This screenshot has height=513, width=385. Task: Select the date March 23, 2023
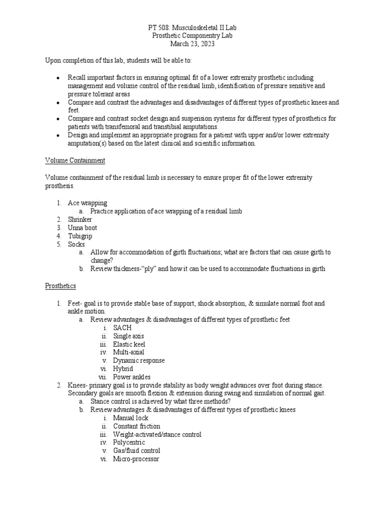(x=192, y=45)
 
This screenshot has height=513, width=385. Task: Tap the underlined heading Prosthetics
(x=61, y=286)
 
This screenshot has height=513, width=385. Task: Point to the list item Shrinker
(x=80, y=219)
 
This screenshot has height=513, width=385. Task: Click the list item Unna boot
(x=83, y=227)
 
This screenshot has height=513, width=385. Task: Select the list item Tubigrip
(x=80, y=236)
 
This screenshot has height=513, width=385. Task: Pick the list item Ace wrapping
(x=88, y=203)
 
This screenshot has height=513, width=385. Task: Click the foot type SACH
(x=122, y=327)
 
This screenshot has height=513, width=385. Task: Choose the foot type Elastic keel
(x=129, y=344)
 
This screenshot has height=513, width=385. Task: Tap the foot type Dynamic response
(x=138, y=360)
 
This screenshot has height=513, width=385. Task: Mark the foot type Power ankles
(x=132, y=377)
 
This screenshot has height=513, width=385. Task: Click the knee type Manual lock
(x=131, y=418)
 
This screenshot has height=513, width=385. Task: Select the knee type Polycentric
(x=129, y=442)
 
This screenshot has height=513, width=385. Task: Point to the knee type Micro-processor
(x=136, y=459)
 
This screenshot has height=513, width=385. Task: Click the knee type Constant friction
(x=136, y=426)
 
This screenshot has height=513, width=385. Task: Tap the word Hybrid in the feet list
(x=123, y=368)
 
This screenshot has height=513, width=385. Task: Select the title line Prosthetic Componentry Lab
(x=192, y=37)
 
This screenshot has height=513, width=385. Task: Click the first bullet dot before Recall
(x=59, y=78)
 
